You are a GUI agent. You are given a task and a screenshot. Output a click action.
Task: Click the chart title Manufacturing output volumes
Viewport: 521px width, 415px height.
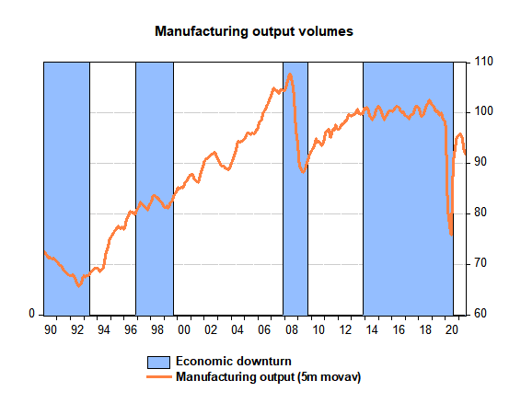click(x=254, y=31)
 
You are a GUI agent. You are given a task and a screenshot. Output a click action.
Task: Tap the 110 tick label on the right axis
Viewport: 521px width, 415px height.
click(x=484, y=62)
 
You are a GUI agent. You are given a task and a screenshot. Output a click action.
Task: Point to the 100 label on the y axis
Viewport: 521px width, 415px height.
click(x=484, y=111)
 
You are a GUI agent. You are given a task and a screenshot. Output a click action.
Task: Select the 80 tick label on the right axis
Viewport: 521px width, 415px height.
click(x=480, y=213)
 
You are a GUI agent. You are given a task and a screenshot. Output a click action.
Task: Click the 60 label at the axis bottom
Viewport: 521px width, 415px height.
click(x=480, y=314)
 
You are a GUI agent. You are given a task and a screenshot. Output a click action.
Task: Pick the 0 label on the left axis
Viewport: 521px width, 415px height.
click(x=32, y=313)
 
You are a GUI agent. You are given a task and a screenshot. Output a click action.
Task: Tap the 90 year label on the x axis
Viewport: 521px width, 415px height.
click(x=51, y=330)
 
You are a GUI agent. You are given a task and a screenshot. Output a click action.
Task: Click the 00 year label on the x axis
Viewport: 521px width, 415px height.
click(x=184, y=330)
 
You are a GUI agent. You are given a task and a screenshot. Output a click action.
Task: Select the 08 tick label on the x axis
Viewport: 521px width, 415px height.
click(x=292, y=330)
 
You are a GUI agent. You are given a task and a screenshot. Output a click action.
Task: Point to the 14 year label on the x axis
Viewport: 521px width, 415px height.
click(x=372, y=330)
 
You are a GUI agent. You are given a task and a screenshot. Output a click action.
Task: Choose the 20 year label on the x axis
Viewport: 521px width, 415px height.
click(x=452, y=330)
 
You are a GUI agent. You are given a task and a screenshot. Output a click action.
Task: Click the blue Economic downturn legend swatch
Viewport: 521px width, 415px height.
click(x=159, y=362)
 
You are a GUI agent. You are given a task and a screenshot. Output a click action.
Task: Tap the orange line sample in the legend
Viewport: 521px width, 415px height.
click(x=159, y=376)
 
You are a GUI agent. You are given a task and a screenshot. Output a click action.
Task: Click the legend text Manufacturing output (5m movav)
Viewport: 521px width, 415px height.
click(x=269, y=377)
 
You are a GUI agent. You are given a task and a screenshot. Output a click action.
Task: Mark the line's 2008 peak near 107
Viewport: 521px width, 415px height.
click(x=290, y=75)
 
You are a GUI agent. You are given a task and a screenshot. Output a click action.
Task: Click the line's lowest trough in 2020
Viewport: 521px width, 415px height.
click(x=451, y=235)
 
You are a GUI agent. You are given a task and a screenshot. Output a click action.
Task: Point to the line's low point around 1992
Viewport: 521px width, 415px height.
click(x=79, y=285)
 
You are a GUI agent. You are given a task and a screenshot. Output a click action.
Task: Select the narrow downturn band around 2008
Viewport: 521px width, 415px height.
click(x=295, y=189)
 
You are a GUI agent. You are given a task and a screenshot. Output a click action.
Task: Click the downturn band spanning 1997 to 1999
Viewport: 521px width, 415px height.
click(x=155, y=189)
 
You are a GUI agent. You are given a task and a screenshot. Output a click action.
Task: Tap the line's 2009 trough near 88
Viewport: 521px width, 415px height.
click(x=303, y=172)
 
